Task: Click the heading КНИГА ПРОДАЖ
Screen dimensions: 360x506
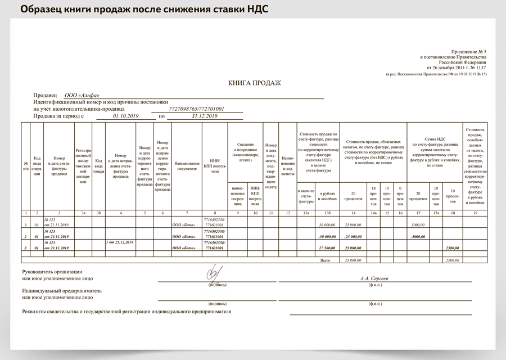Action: [254, 83]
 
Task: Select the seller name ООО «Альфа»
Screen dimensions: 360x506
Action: [82, 95]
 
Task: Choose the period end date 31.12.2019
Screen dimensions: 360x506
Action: [204, 116]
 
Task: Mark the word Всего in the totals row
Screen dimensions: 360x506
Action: [326, 260]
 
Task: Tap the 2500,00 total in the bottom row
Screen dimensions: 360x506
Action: [451, 260]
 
